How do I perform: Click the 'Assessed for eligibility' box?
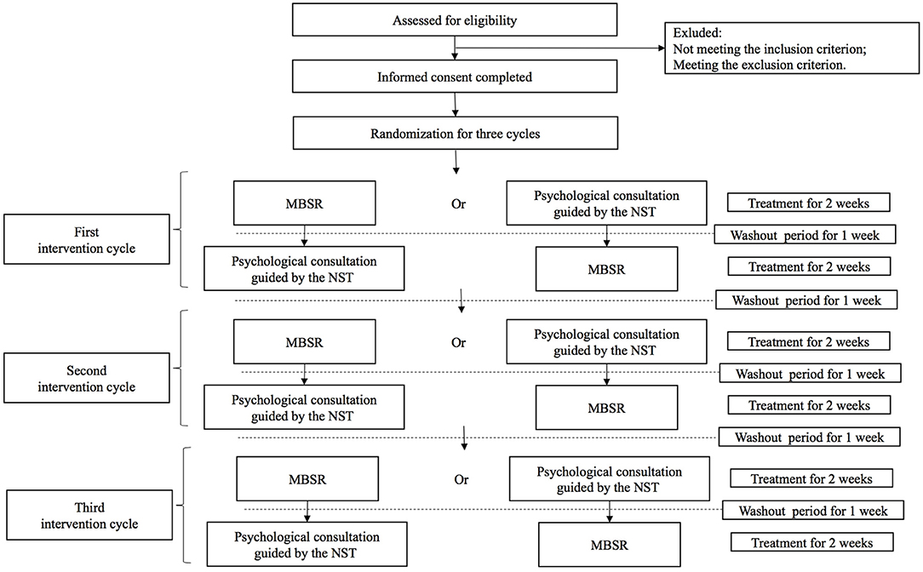point(455,20)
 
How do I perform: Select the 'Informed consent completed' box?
point(455,77)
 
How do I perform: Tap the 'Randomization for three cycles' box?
point(455,133)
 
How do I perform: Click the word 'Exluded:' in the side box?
point(697,33)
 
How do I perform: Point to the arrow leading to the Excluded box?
point(559,49)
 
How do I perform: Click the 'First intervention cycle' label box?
point(87,239)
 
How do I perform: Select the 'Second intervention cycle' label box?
point(87,378)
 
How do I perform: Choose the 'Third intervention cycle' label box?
point(89,515)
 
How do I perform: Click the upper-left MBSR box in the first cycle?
point(304,203)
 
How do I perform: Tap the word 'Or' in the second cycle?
point(459,342)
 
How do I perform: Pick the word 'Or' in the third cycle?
point(461,479)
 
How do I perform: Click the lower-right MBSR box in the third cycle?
point(610,545)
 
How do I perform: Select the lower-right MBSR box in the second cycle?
point(606,407)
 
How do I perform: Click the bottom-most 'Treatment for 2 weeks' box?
point(811,542)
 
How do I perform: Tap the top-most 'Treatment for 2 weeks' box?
point(809,203)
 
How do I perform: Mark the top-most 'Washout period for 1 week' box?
point(805,234)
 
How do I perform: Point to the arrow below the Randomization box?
point(456,163)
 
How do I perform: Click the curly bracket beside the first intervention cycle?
point(180,230)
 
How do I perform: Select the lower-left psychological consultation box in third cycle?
point(307,545)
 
